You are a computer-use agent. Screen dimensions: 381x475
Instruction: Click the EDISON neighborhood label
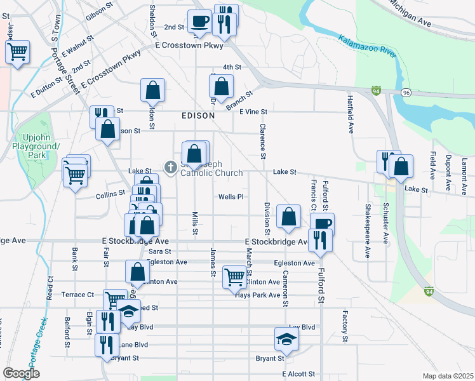coord(197,116)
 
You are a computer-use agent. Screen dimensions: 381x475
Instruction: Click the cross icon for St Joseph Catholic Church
coord(170,168)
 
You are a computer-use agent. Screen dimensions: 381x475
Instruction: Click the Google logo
coord(21,373)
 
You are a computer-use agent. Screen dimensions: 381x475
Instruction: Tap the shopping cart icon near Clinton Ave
coord(234,277)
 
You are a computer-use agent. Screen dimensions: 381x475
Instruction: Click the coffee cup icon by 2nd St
coord(200,21)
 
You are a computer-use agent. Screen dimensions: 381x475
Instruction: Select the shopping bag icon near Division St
coord(288,217)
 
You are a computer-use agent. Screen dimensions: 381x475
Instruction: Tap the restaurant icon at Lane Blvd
coord(107,345)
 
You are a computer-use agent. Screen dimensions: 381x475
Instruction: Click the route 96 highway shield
coord(406,92)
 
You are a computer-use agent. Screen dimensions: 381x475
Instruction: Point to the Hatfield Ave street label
coord(350,115)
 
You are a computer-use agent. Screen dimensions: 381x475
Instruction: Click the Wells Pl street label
coord(231,197)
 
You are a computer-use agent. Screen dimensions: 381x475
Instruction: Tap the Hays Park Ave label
coord(257,295)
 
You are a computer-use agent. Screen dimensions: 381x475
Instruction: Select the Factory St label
coord(344,326)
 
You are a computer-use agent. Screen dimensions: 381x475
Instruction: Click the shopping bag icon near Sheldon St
coord(153,91)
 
